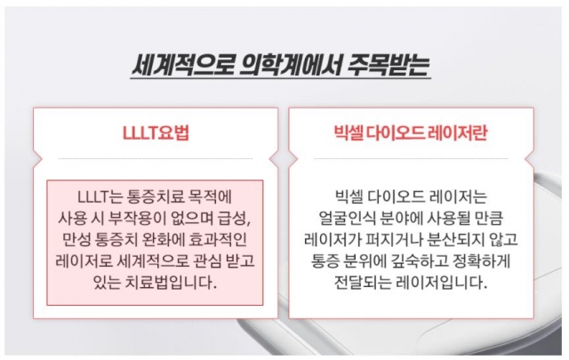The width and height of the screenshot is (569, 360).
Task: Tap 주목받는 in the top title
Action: tap(389, 65)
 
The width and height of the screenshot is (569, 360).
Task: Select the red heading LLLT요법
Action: tap(156, 132)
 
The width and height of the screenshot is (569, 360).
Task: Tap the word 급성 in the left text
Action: tap(234, 219)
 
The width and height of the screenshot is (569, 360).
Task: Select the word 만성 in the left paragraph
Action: tap(76, 239)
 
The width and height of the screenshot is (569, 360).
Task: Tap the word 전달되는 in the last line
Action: tap(362, 283)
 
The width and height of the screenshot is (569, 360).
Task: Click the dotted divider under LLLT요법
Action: tap(156, 158)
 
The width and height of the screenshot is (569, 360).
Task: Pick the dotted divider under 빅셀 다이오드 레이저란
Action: tap(411, 158)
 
